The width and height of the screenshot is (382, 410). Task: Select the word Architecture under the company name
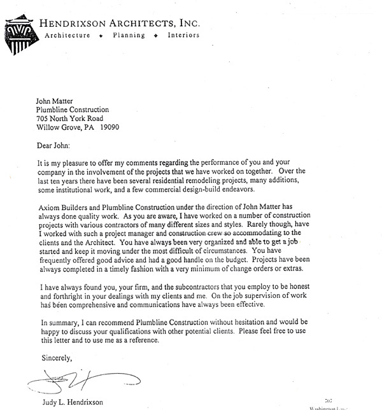(70, 35)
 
